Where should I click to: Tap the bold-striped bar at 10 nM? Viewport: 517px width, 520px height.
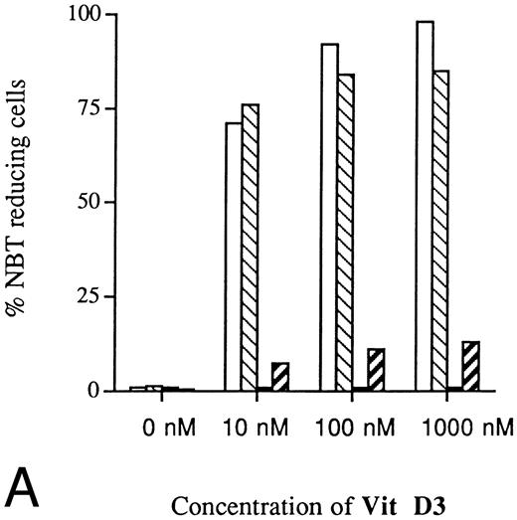click(280, 377)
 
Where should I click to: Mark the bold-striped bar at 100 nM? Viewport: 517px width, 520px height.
click(376, 370)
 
